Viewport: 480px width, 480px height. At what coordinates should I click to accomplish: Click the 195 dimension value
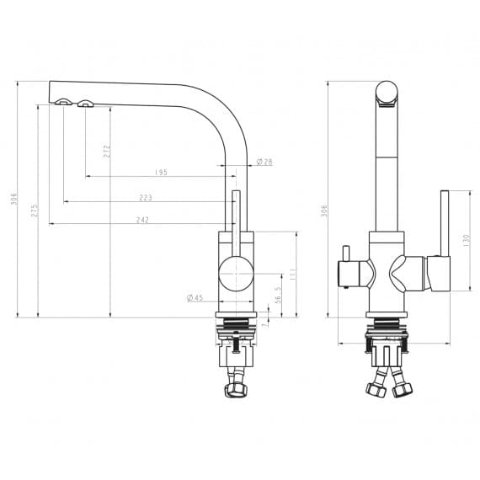pyautogui.click(x=161, y=172)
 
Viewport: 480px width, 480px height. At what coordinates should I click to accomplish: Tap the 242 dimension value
pyautogui.click(x=142, y=220)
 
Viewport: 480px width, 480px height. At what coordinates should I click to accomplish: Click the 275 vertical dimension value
pyautogui.click(x=35, y=211)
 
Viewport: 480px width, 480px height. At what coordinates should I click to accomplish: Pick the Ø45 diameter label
pyautogui.click(x=195, y=297)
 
